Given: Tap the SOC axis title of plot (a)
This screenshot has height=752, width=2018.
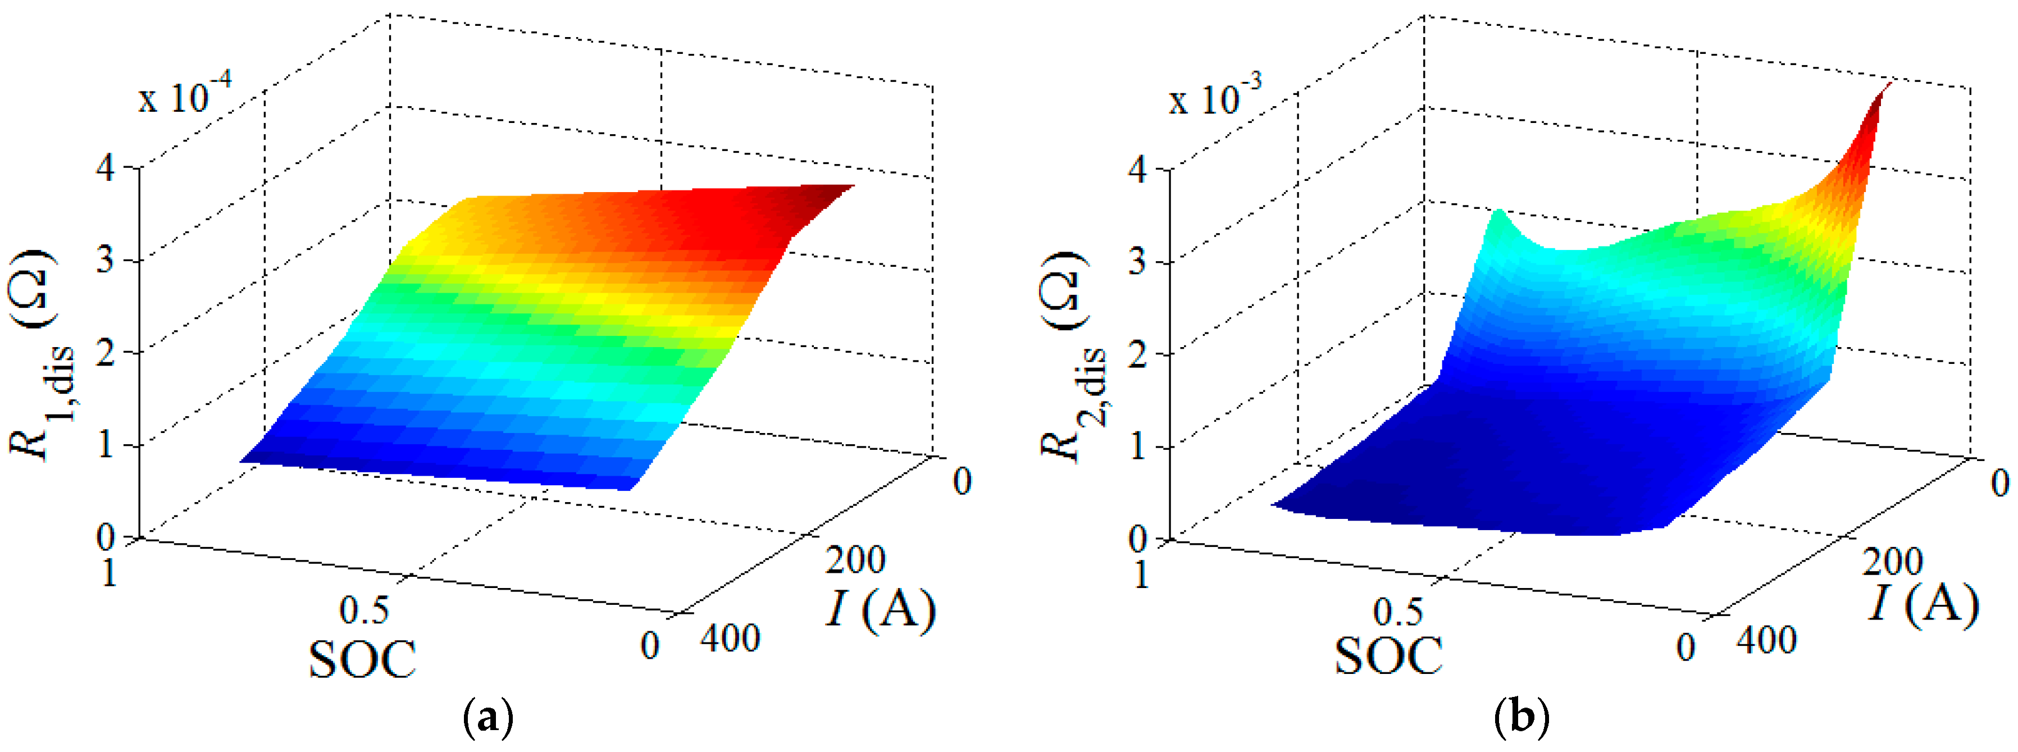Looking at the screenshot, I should [x=362, y=659].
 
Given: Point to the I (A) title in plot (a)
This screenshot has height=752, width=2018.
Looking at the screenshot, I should [x=880, y=609].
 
